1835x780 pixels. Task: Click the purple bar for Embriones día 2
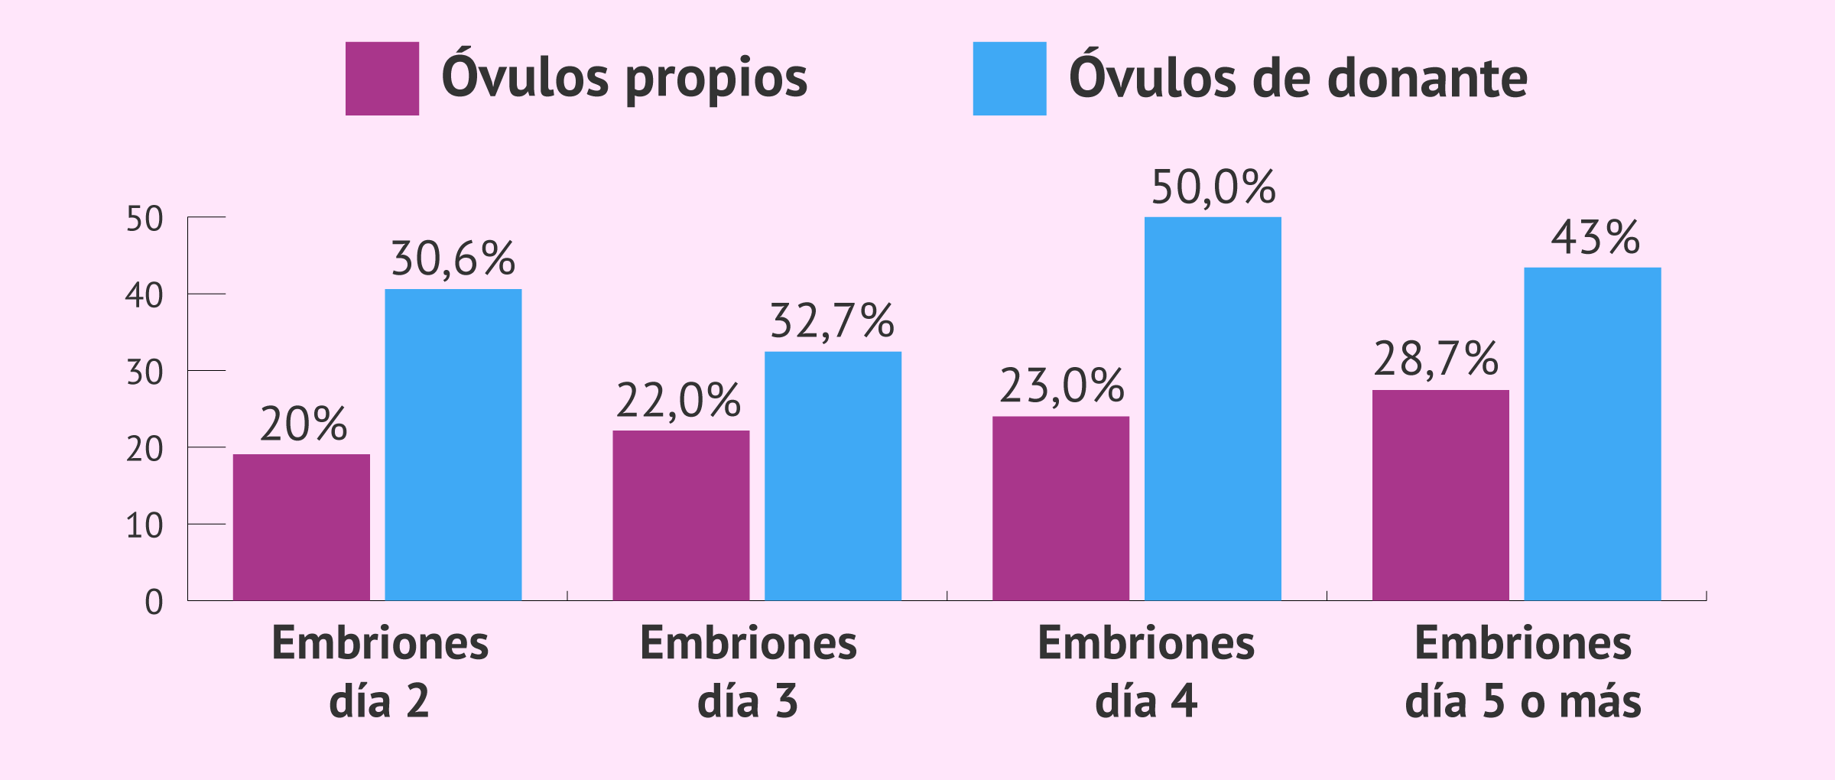301,527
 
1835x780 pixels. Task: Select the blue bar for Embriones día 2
453,444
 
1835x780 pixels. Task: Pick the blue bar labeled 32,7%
833,476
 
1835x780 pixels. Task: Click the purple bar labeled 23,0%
1060,508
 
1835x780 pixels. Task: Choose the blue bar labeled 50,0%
1213,408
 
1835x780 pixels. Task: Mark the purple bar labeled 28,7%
1440,495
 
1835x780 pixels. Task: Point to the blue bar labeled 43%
1593,434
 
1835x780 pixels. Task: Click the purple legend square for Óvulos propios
382,79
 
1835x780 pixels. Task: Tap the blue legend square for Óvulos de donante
1009,79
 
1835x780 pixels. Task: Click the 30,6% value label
453,258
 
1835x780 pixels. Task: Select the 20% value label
304,424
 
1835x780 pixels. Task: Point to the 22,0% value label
679,400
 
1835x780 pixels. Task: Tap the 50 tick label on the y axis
145,219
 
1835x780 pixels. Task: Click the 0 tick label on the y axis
154,603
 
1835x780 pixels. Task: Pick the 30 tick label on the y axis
145,373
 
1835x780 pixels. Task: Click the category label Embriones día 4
1145,671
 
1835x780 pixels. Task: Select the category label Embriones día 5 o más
1523,671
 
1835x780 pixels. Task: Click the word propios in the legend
716,79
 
